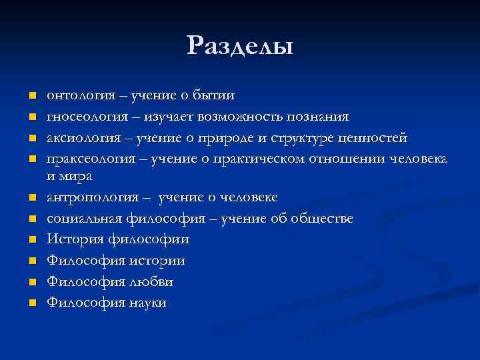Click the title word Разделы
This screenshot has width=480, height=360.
point(240,46)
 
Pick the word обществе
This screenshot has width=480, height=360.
point(324,219)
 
